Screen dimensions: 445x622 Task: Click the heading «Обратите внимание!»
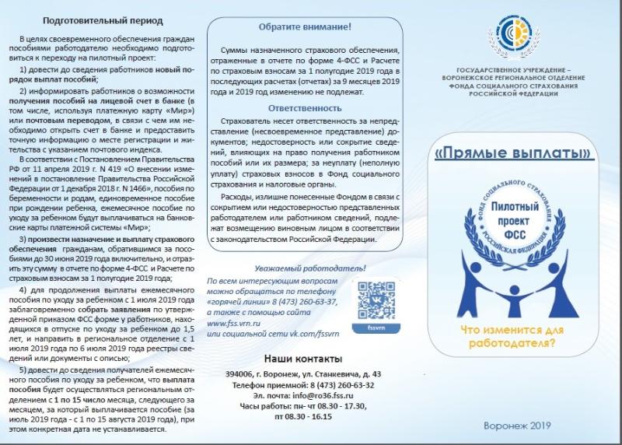pos(304,26)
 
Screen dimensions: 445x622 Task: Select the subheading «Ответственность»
pos(304,108)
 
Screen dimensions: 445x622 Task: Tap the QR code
pos(375,297)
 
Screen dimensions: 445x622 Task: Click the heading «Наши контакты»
pos(303,359)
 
